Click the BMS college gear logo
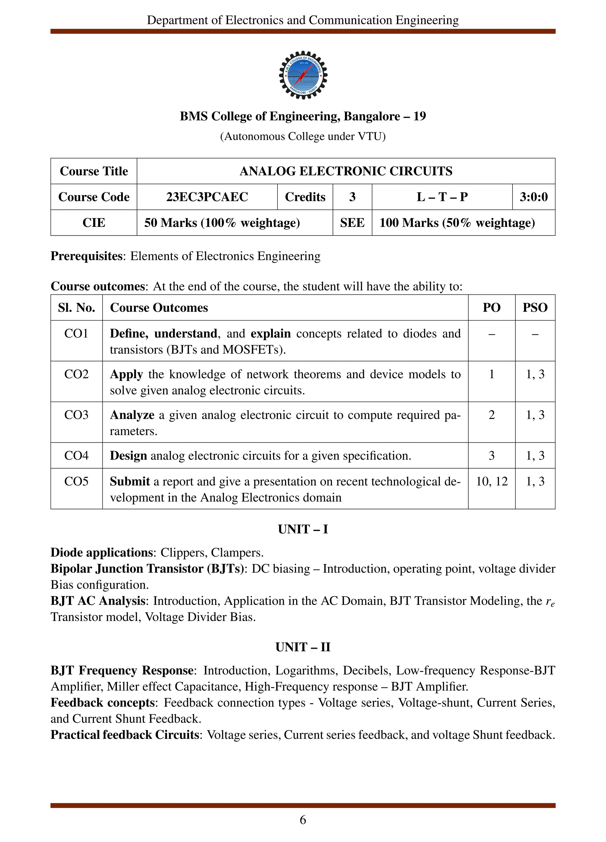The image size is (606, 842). [303, 75]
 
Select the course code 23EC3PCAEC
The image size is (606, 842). [207, 197]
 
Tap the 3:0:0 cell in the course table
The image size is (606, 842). [533, 197]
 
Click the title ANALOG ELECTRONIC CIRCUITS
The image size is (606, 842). [346, 171]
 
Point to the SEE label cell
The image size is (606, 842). [352, 223]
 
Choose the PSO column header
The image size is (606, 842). [535, 308]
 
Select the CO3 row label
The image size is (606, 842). [76, 415]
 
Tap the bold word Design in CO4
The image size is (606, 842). [128, 455]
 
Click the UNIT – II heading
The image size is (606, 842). [303, 647]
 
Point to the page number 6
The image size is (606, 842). [303, 820]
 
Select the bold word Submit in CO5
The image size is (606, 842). [130, 482]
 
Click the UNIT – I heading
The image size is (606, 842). [303, 529]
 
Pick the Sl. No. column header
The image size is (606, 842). [76, 308]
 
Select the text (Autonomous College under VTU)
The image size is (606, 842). [303, 137]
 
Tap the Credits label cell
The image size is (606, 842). [305, 197]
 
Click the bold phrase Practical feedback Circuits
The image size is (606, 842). [125, 735]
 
